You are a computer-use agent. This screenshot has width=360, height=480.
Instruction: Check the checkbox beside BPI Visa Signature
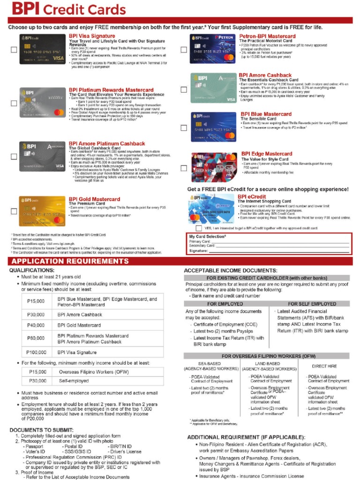point(14,49)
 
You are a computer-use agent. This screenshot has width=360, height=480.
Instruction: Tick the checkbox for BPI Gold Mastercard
point(14,211)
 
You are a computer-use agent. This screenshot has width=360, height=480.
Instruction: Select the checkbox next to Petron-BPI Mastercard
point(184,49)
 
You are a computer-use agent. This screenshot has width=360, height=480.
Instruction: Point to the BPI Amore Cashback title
point(265,75)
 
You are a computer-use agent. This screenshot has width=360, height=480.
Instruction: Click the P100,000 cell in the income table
point(37,352)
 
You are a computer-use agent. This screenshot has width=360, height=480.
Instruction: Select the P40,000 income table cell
point(37,325)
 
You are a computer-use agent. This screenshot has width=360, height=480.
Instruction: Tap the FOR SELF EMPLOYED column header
point(312,304)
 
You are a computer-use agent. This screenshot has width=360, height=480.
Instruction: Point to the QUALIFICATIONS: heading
point(32,270)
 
